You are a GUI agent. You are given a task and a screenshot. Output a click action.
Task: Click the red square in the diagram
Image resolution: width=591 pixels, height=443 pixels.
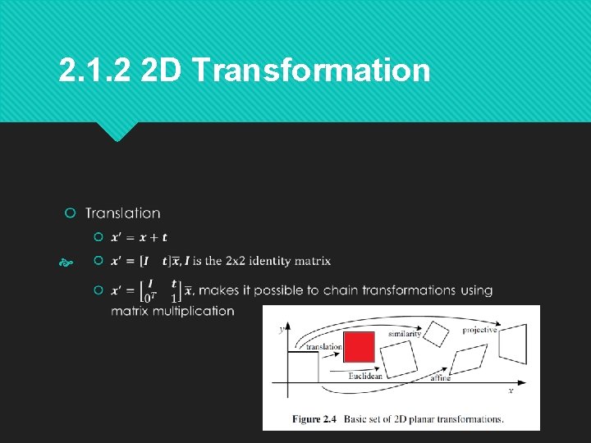359,346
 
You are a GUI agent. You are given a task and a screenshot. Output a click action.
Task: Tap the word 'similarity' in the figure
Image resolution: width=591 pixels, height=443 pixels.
405,334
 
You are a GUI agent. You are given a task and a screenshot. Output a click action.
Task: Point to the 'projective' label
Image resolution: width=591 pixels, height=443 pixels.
480,330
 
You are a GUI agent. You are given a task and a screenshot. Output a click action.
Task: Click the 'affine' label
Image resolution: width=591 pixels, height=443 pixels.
441,379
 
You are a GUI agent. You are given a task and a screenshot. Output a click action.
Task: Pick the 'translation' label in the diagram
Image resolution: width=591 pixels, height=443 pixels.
323,347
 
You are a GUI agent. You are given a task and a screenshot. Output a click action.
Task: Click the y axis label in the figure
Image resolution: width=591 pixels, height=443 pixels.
281,330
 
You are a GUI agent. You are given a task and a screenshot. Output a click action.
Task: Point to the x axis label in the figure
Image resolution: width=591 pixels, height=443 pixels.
511,391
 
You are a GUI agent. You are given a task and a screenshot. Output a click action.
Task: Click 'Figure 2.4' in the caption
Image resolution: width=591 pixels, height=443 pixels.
314,419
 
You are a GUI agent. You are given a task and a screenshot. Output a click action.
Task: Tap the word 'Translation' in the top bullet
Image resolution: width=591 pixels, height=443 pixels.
123,213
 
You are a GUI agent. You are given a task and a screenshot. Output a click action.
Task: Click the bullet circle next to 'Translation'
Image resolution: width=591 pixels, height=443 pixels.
71,213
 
